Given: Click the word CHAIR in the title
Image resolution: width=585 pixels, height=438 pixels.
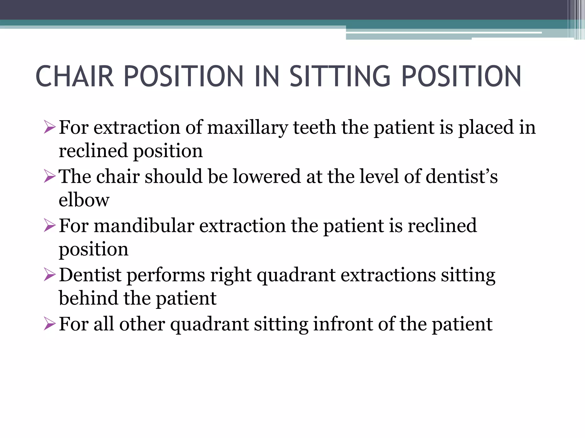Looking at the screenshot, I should (75, 76).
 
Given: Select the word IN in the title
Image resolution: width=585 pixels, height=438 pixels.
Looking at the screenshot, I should (267, 76).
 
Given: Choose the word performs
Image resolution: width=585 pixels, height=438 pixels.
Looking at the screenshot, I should (166, 275).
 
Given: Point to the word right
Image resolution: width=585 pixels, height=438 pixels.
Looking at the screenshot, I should (231, 275).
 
